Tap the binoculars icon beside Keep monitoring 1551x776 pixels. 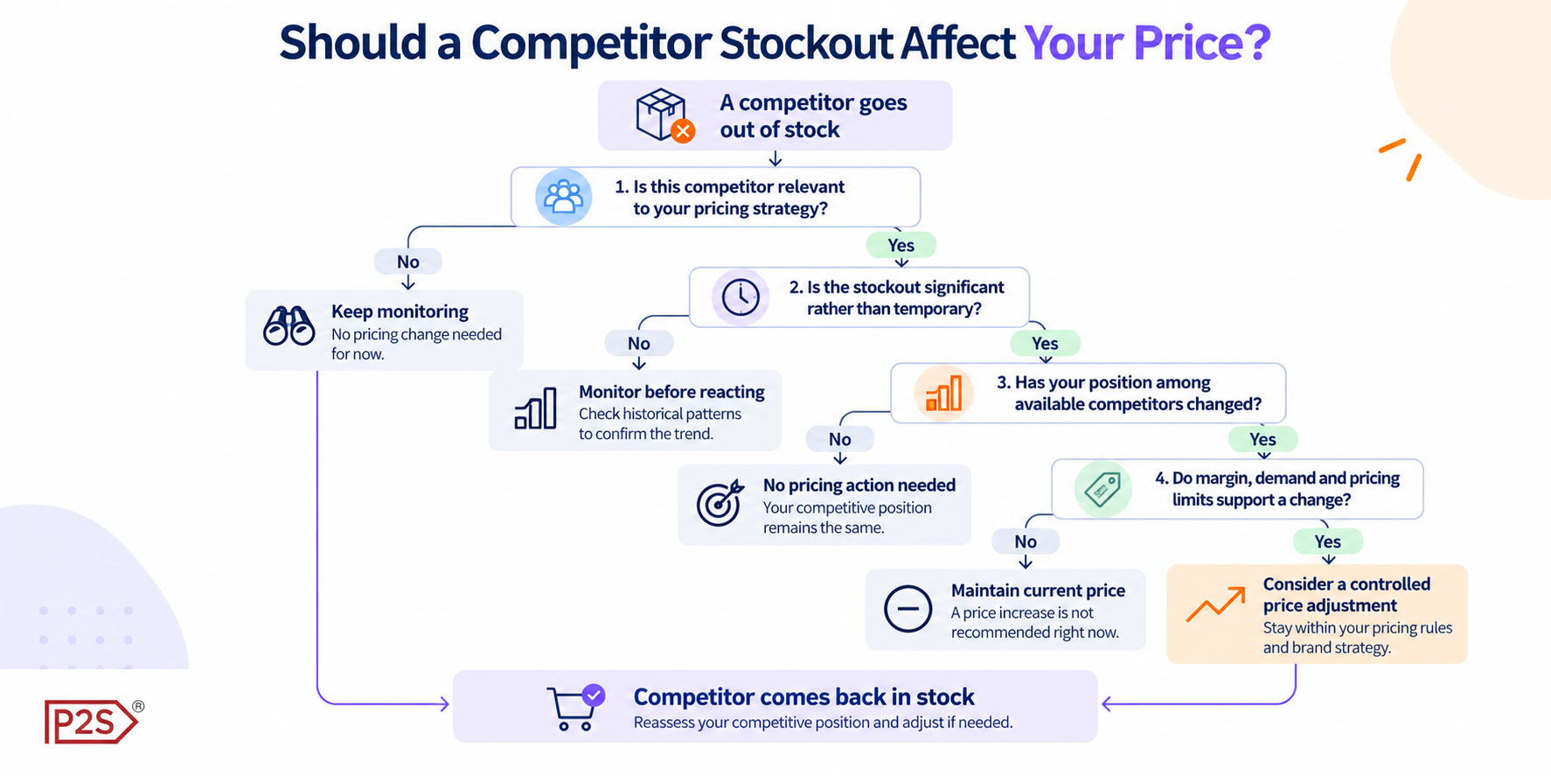click(x=289, y=326)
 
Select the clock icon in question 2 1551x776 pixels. click(x=741, y=297)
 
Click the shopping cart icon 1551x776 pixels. click(x=575, y=707)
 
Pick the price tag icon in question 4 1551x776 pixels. click(x=1103, y=489)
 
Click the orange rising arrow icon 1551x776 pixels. click(x=1215, y=604)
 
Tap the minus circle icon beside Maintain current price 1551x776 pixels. click(x=908, y=608)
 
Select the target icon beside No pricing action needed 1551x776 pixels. click(x=720, y=503)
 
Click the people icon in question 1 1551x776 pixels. click(x=564, y=197)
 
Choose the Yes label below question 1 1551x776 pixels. click(x=901, y=245)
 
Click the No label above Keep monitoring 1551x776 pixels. click(x=408, y=262)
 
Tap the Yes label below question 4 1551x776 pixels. click(x=1328, y=542)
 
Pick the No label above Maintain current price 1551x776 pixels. click(x=1026, y=542)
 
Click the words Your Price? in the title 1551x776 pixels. click(x=1147, y=42)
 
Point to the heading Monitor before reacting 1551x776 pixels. click(x=671, y=392)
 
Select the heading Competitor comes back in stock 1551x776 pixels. click(x=803, y=696)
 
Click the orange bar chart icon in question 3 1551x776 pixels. click(x=943, y=393)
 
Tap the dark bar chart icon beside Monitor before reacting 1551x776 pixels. click(x=536, y=409)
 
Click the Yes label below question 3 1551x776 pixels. click(x=1263, y=439)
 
